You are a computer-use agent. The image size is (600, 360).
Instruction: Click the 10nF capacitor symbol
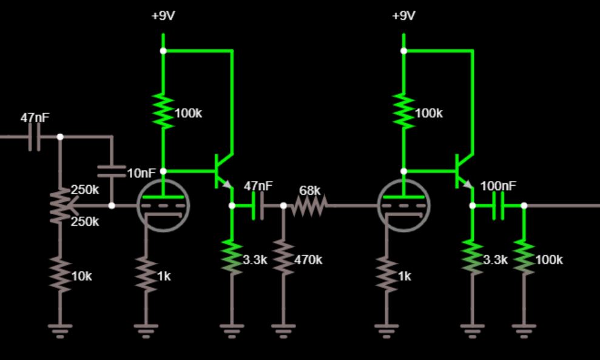coord(112,171)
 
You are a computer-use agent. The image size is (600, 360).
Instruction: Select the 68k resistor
coord(309,205)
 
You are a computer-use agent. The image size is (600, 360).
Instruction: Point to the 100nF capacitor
coord(498,205)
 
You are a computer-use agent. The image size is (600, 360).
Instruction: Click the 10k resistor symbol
coord(59,274)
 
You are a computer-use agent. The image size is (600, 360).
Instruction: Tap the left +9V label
coord(163,16)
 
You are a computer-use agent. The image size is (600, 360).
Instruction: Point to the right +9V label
coord(403,16)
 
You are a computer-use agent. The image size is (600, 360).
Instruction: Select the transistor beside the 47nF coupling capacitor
coord(221,172)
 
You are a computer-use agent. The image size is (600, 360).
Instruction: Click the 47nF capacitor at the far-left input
coord(35,137)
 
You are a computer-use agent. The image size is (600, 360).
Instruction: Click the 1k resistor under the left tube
coord(146,274)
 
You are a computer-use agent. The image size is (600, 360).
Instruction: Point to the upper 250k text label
coord(85,189)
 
